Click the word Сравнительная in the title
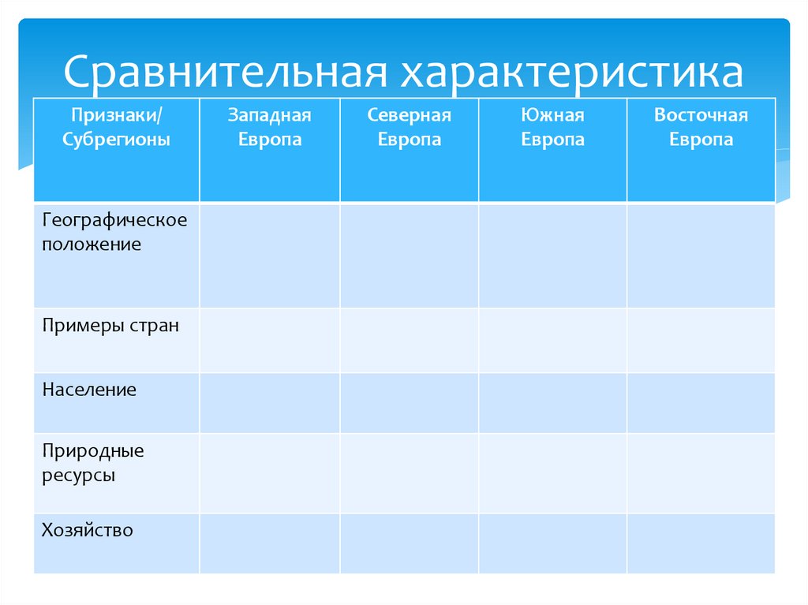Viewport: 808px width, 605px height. point(226,73)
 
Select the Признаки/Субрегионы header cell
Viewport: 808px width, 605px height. point(117,128)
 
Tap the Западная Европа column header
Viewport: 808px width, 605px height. point(270,128)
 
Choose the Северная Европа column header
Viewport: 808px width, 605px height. point(409,128)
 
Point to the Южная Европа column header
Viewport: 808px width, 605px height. point(552,128)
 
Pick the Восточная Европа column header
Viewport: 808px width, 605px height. point(701,128)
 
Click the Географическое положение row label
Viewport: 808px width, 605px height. point(115,232)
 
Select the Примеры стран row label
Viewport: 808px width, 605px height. point(110,325)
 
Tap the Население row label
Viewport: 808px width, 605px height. point(90,390)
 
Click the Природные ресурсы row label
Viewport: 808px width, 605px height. point(93,464)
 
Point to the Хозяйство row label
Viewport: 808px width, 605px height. point(88,530)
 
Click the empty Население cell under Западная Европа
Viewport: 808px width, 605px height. point(270,402)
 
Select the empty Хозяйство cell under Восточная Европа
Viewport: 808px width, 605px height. point(701,543)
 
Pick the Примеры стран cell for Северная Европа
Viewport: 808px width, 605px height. point(409,339)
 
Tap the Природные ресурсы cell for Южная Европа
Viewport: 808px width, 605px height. point(552,472)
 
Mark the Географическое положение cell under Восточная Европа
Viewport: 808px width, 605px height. point(701,255)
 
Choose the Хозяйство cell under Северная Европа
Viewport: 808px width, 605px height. point(409,543)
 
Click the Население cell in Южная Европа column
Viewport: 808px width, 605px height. point(552,402)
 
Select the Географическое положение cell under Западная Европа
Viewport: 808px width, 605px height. point(270,255)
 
